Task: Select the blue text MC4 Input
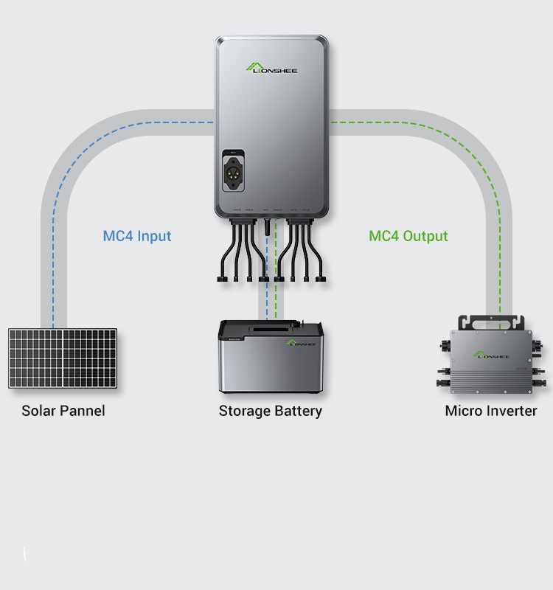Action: [137, 236]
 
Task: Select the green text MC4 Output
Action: [408, 236]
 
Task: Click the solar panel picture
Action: [63, 358]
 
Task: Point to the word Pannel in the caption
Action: [82, 411]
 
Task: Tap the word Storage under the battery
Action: [244, 411]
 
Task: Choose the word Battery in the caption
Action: [298, 411]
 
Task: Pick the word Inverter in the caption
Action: [512, 411]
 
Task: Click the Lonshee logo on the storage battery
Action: [301, 343]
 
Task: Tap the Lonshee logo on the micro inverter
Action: [492, 355]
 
